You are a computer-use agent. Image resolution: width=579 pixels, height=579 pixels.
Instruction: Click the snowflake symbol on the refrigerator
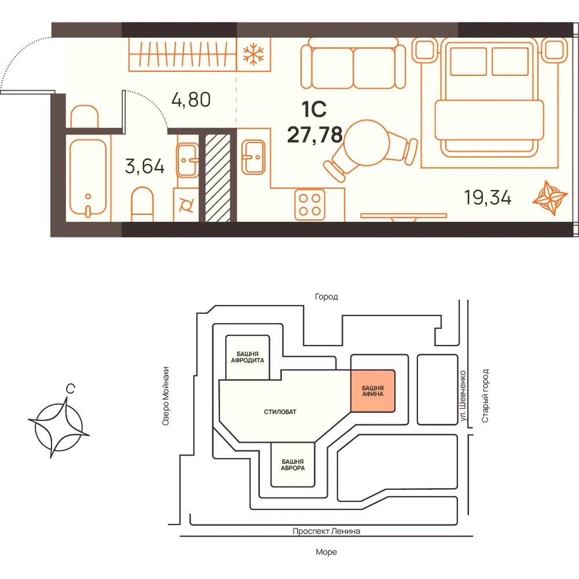tap(254, 54)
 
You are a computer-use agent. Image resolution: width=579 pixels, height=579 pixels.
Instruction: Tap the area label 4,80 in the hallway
tap(191, 100)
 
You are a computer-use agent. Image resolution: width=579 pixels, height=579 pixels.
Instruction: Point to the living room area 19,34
tap(488, 197)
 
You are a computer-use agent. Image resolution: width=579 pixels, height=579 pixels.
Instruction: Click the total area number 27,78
tap(314, 134)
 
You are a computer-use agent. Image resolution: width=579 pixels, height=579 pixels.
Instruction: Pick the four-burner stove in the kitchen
tap(310, 204)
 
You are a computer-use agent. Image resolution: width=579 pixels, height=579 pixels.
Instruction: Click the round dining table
tap(367, 142)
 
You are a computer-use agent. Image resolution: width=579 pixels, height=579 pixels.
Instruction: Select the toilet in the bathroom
tap(142, 204)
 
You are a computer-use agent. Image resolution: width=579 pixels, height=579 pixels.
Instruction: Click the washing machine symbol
tap(186, 205)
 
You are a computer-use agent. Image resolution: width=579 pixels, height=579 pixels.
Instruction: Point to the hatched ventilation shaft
tap(218, 178)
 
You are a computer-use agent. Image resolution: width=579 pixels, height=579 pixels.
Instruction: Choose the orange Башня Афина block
tap(372, 391)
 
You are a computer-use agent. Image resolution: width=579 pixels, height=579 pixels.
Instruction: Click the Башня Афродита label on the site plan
tap(247, 357)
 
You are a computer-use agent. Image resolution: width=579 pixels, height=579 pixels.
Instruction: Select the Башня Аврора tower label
tap(293, 464)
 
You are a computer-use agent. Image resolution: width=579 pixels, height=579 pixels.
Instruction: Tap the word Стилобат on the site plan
tap(280, 412)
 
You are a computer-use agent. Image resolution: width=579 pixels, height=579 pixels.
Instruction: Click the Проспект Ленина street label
tap(327, 531)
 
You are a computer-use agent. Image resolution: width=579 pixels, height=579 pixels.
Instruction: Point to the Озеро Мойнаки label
tap(166, 396)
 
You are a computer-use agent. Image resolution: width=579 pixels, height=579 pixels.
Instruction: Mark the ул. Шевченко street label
tap(463, 395)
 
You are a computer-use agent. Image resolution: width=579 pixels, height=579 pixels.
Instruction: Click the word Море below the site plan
tap(327, 552)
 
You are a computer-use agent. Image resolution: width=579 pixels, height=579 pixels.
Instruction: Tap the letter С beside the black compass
tap(70, 389)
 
